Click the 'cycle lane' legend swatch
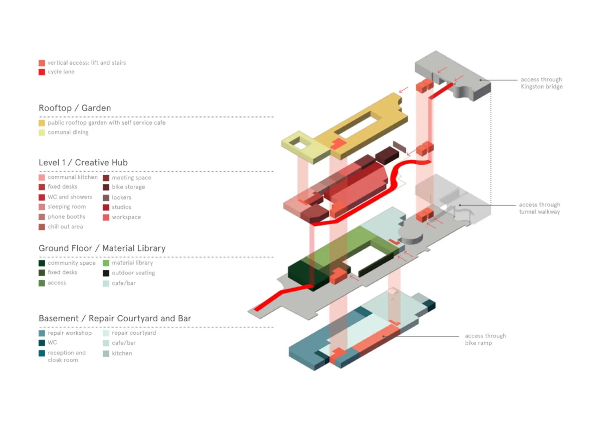[x=42, y=72]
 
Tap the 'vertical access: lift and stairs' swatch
[x=42, y=63]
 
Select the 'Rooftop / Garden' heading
[x=75, y=108]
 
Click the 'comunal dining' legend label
[x=68, y=132]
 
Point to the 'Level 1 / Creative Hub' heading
[x=83, y=162]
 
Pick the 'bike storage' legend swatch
[x=106, y=187]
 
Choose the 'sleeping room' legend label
[x=67, y=207]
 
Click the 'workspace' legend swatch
[x=106, y=217]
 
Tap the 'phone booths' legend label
[x=66, y=217]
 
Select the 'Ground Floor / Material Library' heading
[x=102, y=248]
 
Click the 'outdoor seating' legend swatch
[x=106, y=273]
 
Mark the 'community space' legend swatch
[x=42, y=263]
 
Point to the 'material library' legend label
[x=132, y=263]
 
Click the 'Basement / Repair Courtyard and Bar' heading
[x=115, y=318]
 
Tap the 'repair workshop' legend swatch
[x=42, y=333]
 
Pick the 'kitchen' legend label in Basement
[x=122, y=353]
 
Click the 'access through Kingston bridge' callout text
[x=541, y=83]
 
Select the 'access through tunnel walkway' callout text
[x=540, y=208]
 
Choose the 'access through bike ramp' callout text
[x=485, y=339]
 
